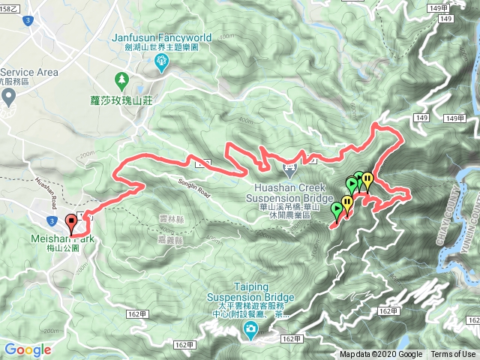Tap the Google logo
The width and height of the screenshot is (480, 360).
(28, 349)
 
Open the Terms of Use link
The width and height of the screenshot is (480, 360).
(453, 355)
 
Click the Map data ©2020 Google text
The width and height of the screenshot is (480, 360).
(380, 355)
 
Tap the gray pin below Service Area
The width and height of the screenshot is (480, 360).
(8, 96)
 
